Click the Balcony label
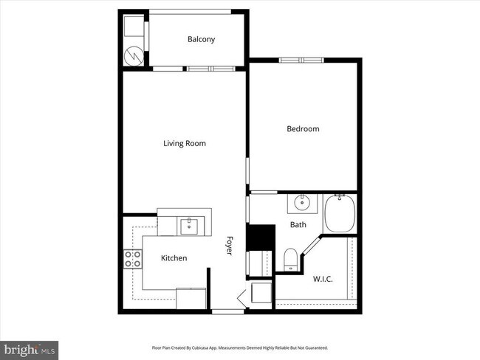coord(201,39)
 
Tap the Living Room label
coord(184,143)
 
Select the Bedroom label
coord(303,129)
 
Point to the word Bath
coord(298,224)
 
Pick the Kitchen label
coord(174,258)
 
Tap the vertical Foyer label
coord(230,246)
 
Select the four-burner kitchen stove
coord(133,259)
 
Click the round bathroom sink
coord(301,202)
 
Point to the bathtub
coord(340,213)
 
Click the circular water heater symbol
coord(134,55)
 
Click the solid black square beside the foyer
coord(260,238)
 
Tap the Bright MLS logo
coord(30,348)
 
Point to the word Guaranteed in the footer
coord(313,347)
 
